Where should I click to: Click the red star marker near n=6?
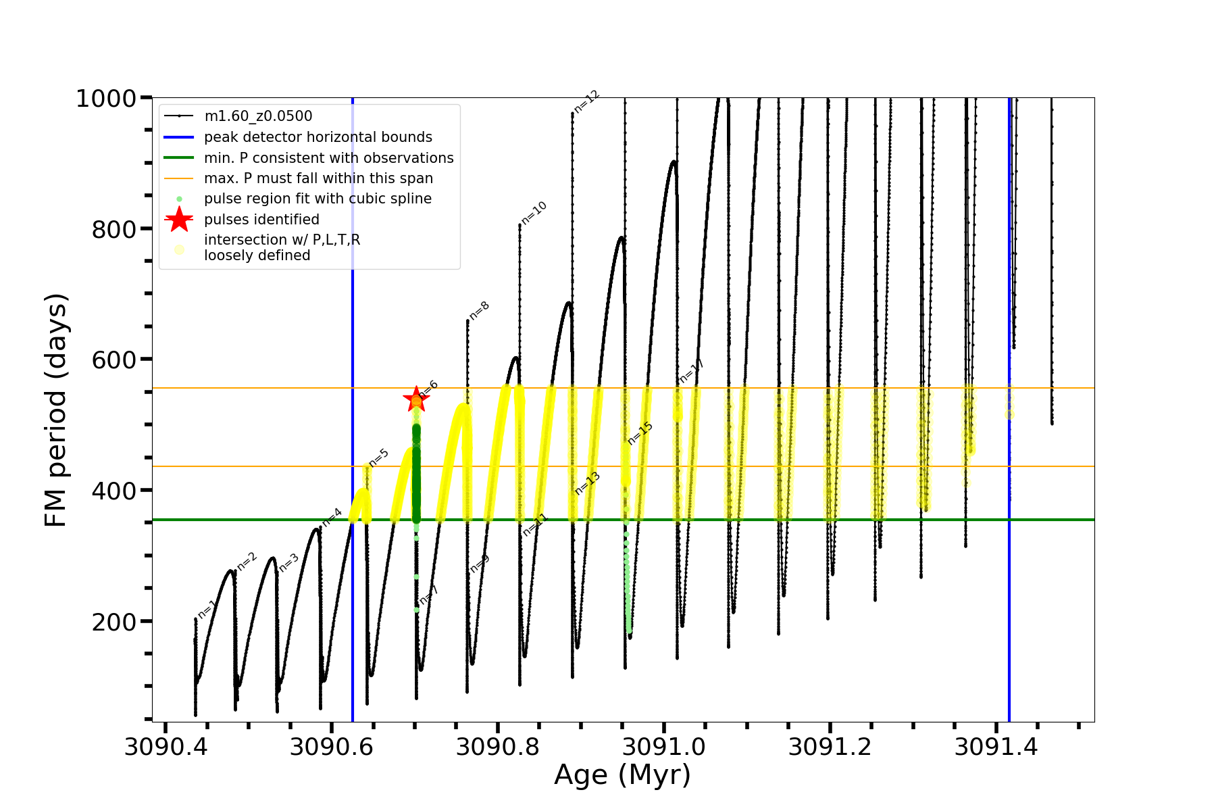pyautogui.click(x=415, y=399)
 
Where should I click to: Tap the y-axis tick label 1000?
pyautogui.click(x=106, y=99)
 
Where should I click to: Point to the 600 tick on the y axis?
pyautogui.click(x=114, y=360)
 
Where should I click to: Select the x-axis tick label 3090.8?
pyautogui.click(x=497, y=747)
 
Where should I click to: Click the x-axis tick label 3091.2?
pyautogui.click(x=830, y=747)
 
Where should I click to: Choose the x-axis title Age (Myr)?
pyautogui.click(x=622, y=775)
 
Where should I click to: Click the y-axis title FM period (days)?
pyautogui.click(x=56, y=410)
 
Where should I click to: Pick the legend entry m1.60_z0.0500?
pyautogui.click(x=258, y=116)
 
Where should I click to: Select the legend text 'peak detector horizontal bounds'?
pyautogui.click(x=318, y=137)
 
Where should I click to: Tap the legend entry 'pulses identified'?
pyautogui.click(x=261, y=220)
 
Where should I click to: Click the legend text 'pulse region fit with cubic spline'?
pyautogui.click(x=318, y=199)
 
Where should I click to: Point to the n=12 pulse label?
pyautogui.click(x=586, y=101)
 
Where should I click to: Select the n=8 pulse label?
pyautogui.click(x=479, y=310)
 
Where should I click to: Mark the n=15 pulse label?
pyautogui.click(x=640, y=433)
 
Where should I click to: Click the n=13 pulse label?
pyautogui.click(x=587, y=483)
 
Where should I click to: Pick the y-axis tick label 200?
pyautogui.click(x=114, y=622)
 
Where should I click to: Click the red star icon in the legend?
pyautogui.click(x=179, y=219)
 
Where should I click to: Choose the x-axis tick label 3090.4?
pyautogui.click(x=166, y=747)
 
